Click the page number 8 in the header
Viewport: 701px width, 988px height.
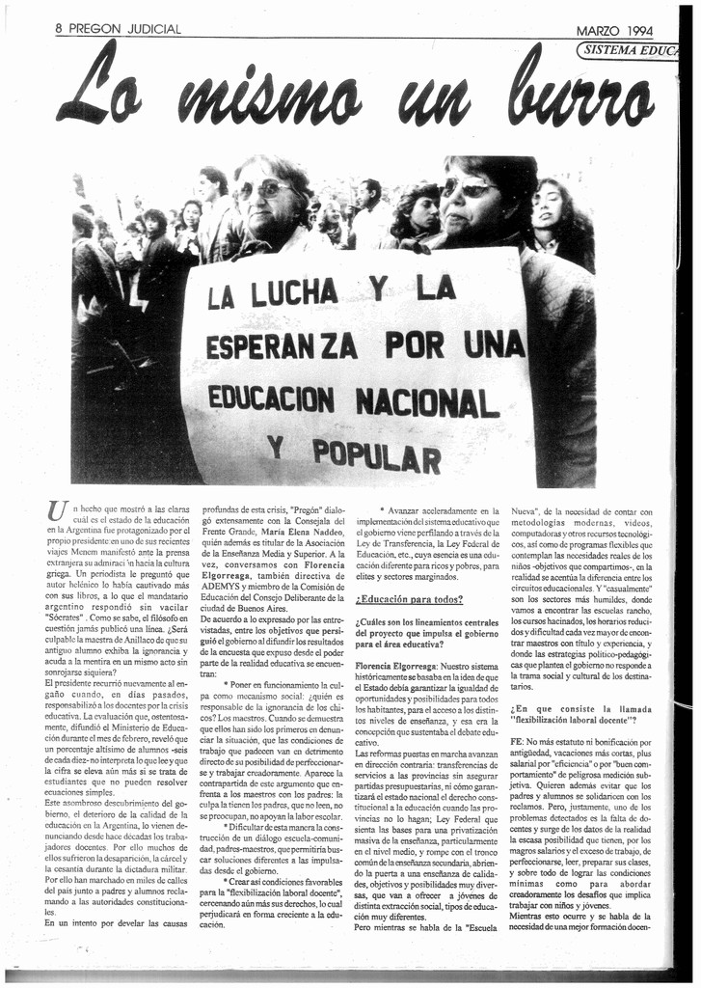point(60,29)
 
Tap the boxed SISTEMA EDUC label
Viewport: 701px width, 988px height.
point(632,51)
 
